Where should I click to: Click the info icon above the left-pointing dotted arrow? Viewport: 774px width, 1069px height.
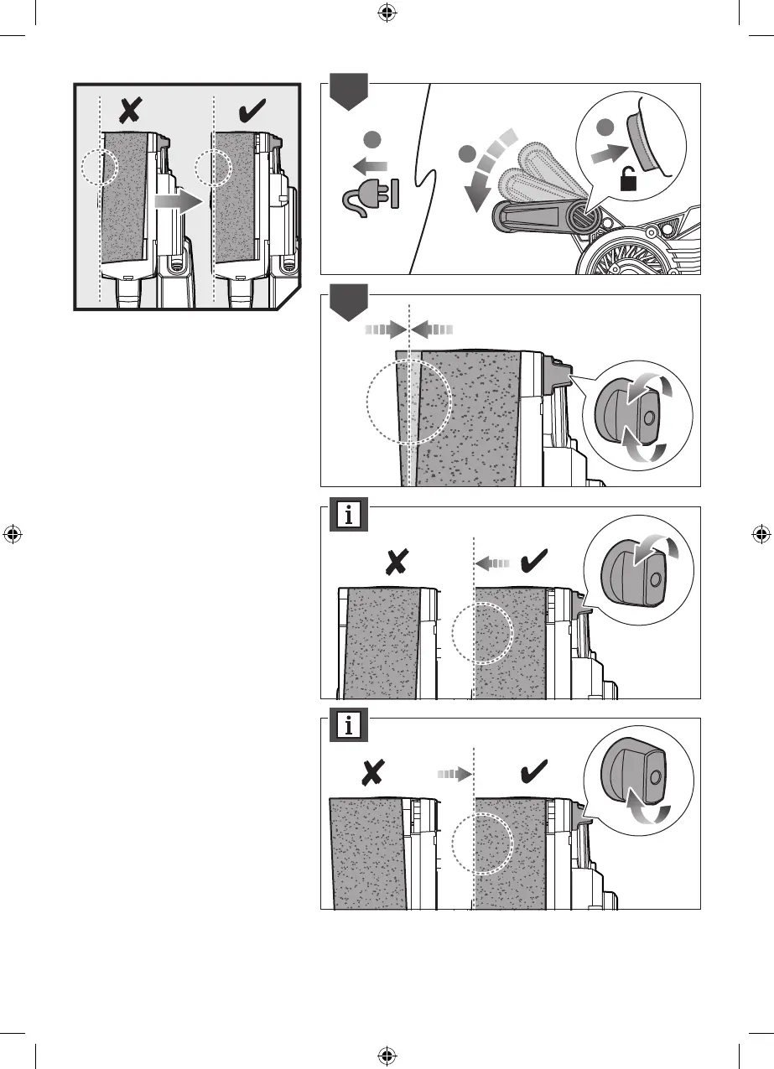(349, 515)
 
